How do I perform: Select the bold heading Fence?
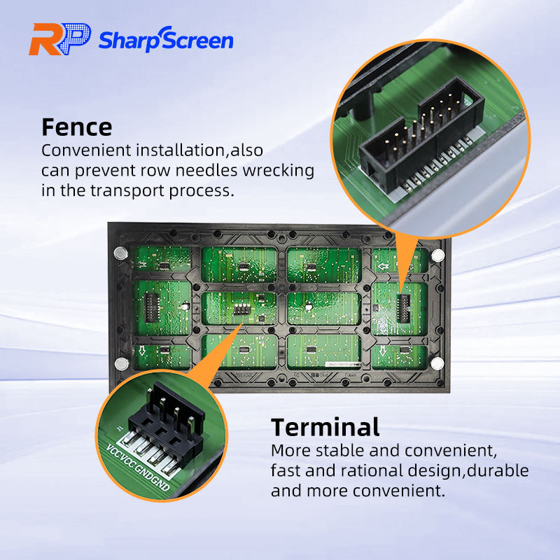pos(76,127)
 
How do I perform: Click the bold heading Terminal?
pos(325,426)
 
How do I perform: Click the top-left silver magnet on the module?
pos(119,251)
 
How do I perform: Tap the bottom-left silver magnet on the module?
pos(121,363)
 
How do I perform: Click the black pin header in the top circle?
pos(413,140)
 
